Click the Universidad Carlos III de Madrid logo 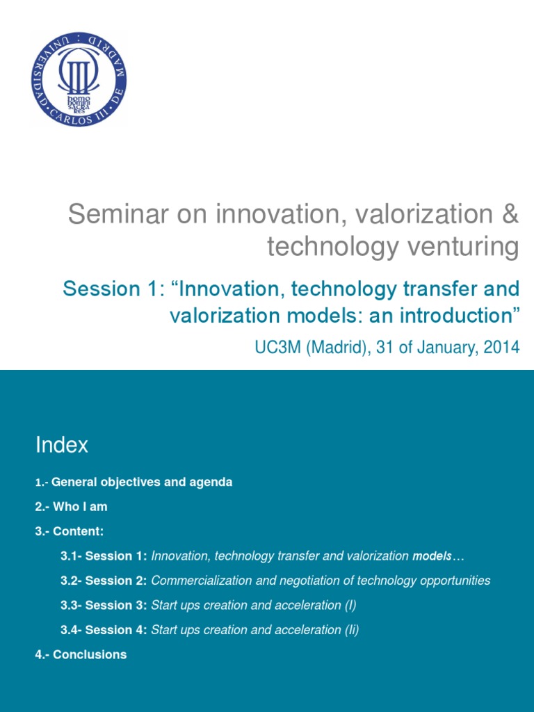click(79, 79)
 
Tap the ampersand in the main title click(510, 215)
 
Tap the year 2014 click(501, 347)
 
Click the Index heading click(62, 445)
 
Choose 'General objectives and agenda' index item click(142, 482)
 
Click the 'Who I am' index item click(79, 507)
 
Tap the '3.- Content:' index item click(70, 531)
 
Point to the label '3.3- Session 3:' click(104, 605)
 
